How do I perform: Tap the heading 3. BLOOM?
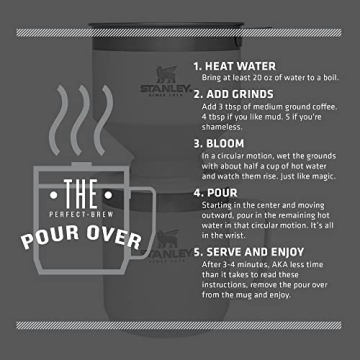[x=225, y=142]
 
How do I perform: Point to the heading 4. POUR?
[x=220, y=193]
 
